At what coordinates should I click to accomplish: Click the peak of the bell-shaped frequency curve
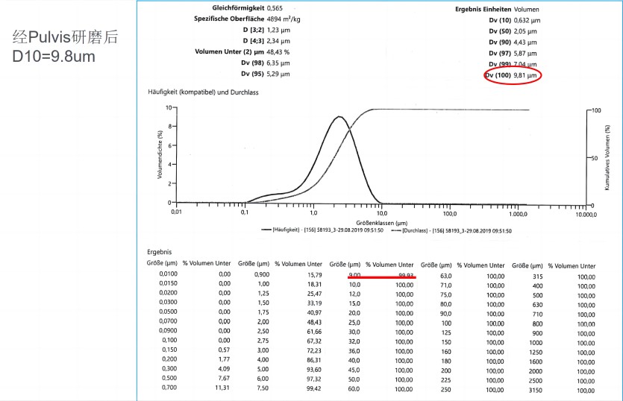[339, 117]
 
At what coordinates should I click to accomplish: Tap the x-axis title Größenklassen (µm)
[381, 222]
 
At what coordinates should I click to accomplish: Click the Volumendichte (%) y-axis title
[159, 155]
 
